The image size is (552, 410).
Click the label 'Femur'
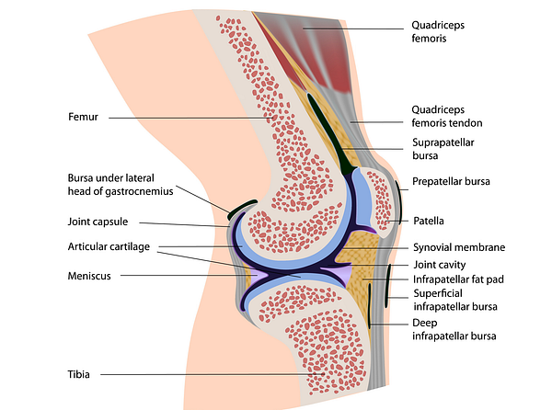83,117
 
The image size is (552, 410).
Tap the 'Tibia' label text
78,374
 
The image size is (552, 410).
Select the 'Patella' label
429,221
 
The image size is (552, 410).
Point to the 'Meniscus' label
89,276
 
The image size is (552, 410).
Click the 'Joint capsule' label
98,222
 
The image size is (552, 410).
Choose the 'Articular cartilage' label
109,247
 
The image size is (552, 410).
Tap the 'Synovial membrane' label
459,247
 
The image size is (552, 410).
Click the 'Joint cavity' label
440,265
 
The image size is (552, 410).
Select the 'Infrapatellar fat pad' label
458,279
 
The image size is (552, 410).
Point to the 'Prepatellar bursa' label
451,181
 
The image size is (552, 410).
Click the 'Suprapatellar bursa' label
443,149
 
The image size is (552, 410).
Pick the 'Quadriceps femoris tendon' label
447,116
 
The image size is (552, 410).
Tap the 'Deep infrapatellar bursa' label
454,329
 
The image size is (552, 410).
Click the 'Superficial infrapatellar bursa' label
455,300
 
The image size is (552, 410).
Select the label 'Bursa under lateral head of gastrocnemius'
121,185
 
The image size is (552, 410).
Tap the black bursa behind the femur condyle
242,209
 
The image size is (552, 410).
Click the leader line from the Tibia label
213,374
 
